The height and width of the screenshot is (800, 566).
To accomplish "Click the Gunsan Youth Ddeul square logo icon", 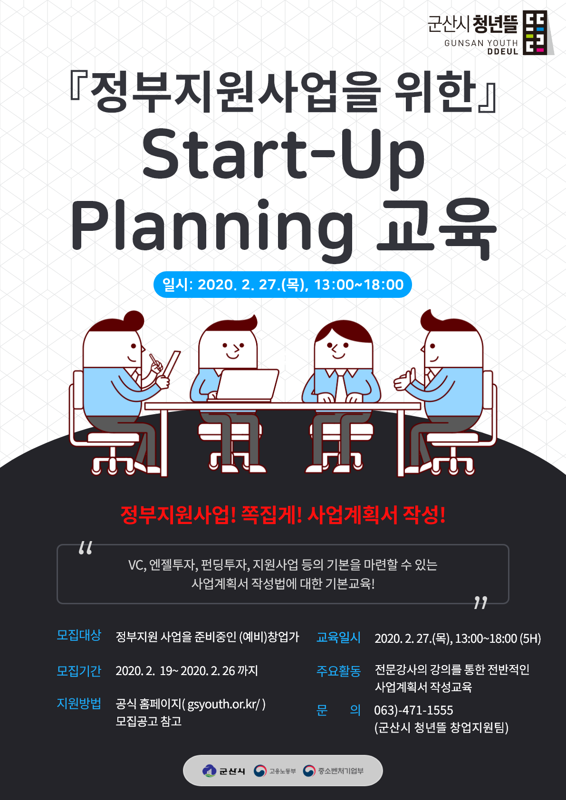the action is [535, 32].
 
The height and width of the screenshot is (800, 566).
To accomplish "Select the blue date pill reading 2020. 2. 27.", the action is [283, 285].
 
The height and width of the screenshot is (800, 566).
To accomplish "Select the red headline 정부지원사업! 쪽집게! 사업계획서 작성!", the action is [283, 514].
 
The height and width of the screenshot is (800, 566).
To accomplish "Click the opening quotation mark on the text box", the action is [86, 548].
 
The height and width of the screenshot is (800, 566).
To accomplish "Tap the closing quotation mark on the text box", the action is [480, 602].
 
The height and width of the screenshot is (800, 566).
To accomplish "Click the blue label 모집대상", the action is [79, 635].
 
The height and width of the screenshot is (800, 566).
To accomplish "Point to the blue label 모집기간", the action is [79, 671].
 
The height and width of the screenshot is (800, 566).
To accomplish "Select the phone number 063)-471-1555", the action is [413, 710].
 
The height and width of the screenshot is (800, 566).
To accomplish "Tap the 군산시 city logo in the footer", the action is [223, 771].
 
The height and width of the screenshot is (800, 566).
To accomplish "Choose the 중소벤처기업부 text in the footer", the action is [341, 771].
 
